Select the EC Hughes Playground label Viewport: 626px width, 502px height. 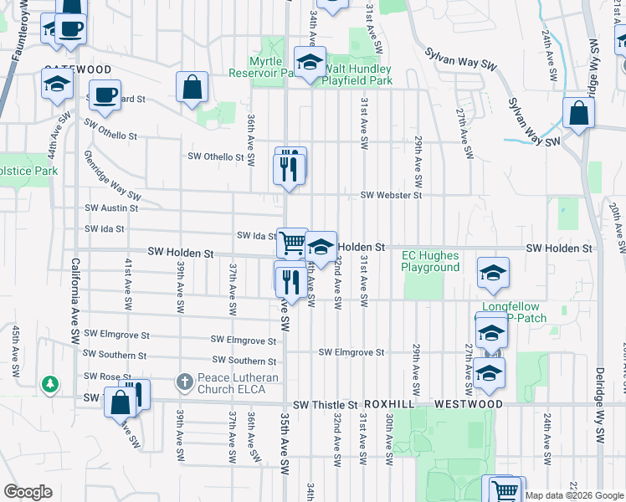[x=430, y=261]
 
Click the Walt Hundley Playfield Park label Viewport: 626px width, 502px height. [x=358, y=74]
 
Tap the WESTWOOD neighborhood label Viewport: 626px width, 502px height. [x=469, y=404]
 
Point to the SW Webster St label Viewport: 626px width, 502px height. [x=391, y=195]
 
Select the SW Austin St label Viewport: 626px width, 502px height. [x=111, y=207]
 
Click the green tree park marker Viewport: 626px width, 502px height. [x=51, y=385]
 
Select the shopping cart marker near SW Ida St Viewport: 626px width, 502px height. [x=292, y=243]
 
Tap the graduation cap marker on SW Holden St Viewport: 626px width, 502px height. [x=321, y=247]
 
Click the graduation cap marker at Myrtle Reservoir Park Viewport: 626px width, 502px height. [x=310, y=62]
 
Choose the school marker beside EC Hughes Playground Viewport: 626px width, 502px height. [x=494, y=272]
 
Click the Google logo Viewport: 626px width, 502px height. [x=28, y=492]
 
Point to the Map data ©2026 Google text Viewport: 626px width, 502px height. [x=574, y=495]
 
